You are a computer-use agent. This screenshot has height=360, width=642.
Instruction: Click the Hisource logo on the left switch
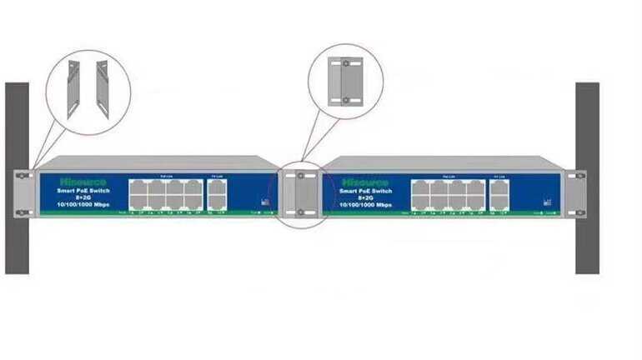click(x=79, y=180)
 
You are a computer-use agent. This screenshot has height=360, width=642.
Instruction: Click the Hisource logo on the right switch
click(x=359, y=180)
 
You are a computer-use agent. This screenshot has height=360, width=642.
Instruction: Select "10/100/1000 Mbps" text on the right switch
click(x=366, y=205)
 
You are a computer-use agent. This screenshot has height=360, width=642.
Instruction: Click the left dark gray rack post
click(x=17, y=242)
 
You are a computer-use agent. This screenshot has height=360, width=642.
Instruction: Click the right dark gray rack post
click(x=587, y=242)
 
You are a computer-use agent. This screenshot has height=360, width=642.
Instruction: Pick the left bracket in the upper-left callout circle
click(x=76, y=87)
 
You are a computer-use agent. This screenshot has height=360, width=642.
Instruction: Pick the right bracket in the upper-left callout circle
click(x=103, y=87)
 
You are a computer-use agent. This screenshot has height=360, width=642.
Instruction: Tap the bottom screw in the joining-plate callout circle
click(x=346, y=101)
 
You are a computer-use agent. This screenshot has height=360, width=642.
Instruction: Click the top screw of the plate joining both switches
click(x=301, y=177)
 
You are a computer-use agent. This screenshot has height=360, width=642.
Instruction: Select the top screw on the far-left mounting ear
click(x=23, y=175)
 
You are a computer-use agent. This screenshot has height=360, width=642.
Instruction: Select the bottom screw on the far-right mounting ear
click(x=572, y=212)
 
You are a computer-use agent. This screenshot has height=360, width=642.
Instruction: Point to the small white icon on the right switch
click(x=547, y=202)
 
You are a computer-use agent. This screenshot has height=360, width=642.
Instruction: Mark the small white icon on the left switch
click(x=265, y=202)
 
